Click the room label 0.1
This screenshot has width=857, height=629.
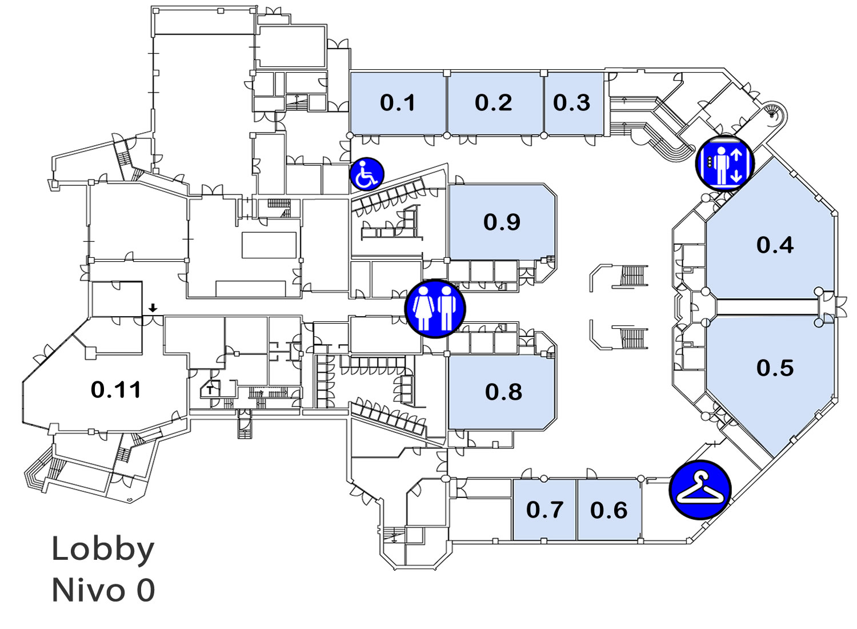pyautogui.click(x=398, y=103)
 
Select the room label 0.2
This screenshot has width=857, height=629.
pyautogui.click(x=494, y=102)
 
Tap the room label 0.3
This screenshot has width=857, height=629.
pyautogui.click(x=571, y=102)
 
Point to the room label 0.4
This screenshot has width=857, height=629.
pyautogui.click(x=775, y=245)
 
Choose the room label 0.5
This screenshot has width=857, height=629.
pyautogui.click(x=775, y=368)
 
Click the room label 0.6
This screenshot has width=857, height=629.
pyautogui.click(x=608, y=510)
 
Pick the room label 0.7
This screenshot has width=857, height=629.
pyautogui.click(x=545, y=510)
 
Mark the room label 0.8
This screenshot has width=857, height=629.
pyautogui.click(x=503, y=392)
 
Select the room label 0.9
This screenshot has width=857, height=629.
pyautogui.click(x=502, y=222)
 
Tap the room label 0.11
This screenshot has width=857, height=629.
pyautogui.click(x=116, y=390)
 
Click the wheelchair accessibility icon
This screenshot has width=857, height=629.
pyautogui.click(x=367, y=174)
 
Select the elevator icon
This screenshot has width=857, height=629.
pyautogui.click(x=724, y=164)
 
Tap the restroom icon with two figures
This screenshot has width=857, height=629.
pyautogui.click(x=435, y=309)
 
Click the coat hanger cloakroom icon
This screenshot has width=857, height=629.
pyautogui.click(x=700, y=491)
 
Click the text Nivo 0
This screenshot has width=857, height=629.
pyautogui.click(x=103, y=591)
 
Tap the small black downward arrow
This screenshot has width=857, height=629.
pyautogui.click(x=153, y=308)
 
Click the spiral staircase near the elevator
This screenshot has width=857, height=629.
pyautogui.click(x=772, y=114)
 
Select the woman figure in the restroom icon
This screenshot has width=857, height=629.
pyautogui.click(x=423, y=309)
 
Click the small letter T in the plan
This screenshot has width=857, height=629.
pyautogui.click(x=210, y=391)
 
